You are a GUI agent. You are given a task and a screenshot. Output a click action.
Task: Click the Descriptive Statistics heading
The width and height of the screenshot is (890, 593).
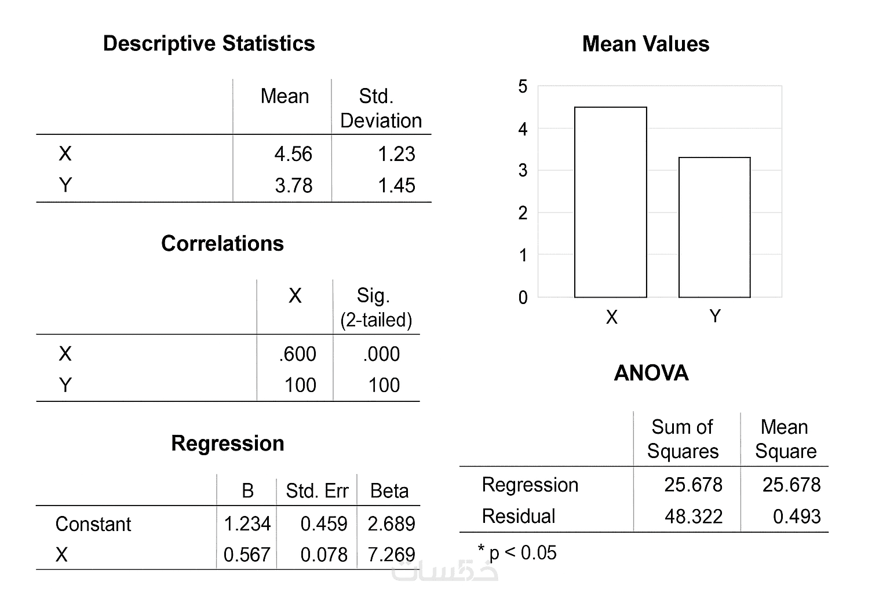(x=209, y=43)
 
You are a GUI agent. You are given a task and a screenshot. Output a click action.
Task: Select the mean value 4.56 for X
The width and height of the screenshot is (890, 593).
(x=293, y=154)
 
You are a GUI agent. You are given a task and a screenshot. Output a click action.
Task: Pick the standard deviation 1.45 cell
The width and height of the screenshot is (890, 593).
(x=396, y=185)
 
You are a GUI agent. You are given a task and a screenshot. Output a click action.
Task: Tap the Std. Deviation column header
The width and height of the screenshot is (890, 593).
(x=381, y=108)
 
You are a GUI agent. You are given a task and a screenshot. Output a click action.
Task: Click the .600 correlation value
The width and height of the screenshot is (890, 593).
(x=297, y=354)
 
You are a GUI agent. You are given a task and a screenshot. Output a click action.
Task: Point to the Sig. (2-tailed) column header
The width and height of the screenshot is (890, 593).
(x=375, y=308)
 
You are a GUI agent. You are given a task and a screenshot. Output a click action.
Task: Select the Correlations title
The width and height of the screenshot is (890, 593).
(x=222, y=243)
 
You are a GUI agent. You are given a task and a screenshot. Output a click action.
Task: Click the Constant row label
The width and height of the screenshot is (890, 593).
(x=93, y=524)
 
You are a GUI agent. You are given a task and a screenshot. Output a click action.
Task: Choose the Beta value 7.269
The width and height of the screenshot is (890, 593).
(x=391, y=555)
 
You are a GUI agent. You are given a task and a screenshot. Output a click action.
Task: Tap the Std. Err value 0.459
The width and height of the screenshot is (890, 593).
(x=323, y=524)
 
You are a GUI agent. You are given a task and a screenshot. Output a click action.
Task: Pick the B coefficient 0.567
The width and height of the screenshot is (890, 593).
(x=247, y=555)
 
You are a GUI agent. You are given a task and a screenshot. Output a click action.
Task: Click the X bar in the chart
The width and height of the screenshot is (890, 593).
(x=610, y=203)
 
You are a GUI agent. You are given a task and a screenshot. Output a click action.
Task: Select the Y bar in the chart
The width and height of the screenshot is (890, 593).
(x=714, y=228)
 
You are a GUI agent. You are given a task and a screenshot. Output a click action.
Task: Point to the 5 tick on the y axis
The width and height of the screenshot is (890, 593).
(x=523, y=87)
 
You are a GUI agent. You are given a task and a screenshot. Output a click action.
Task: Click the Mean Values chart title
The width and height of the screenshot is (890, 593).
(x=645, y=44)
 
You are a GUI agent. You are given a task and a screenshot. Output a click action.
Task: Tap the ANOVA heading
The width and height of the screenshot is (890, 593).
(x=651, y=373)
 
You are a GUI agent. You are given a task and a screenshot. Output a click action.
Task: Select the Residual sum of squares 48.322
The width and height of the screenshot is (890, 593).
(x=694, y=516)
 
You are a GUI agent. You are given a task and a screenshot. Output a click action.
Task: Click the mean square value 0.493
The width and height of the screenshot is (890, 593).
(x=797, y=516)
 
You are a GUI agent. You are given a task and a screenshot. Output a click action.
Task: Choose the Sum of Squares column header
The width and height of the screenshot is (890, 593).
(x=683, y=439)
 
